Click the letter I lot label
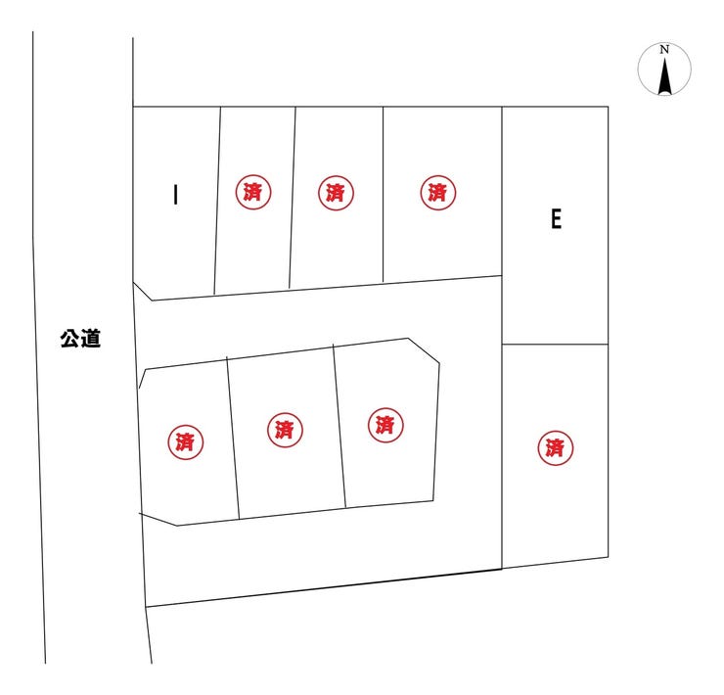coord(175,195)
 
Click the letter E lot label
coord(557,218)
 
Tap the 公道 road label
coord(80,339)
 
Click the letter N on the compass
coord(664,50)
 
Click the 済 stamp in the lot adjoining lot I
coord(253,192)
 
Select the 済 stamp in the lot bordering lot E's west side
coord(437,192)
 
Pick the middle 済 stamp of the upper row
coord(336,193)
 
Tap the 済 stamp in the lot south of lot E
coord(556,447)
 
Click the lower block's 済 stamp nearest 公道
coord(185,442)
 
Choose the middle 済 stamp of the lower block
coord(285,430)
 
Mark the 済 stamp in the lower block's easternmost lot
coord(385,425)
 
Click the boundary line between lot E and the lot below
coord(555,345)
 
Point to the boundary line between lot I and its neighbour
coord(217,201)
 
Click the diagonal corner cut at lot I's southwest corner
coord(142,291)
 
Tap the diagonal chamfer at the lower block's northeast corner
coord(424,350)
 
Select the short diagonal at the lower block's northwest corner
coord(142,379)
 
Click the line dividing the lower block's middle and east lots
coord(339,426)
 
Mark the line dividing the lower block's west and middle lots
coord(233,439)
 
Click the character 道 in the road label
coord(91,339)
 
